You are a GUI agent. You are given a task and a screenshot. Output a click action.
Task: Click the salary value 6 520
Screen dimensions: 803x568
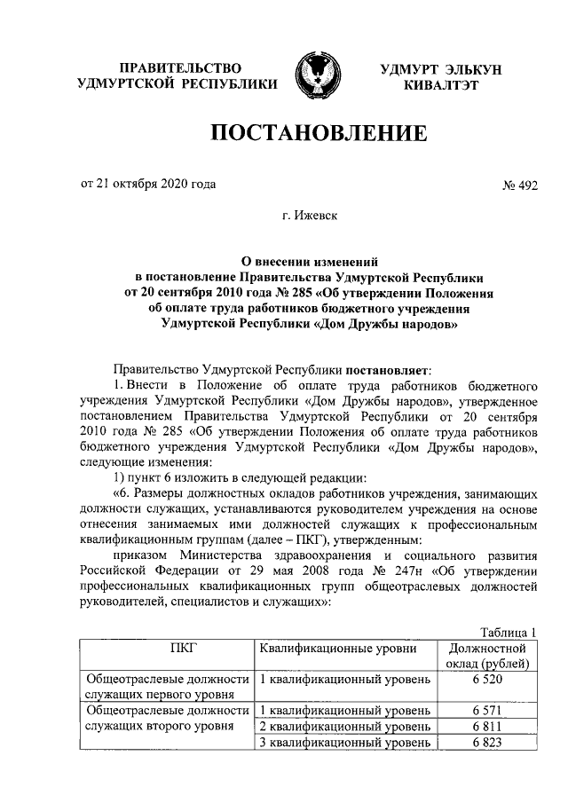tap(488, 680)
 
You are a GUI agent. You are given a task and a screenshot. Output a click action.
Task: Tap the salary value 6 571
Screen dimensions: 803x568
tap(488, 711)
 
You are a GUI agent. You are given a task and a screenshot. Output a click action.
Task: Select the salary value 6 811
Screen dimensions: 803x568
tap(488, 727)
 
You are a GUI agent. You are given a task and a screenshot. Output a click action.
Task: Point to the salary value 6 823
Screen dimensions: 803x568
tap(488, 743)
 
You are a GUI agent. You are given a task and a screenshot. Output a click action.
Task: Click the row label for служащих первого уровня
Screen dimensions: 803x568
tap(166, 688)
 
